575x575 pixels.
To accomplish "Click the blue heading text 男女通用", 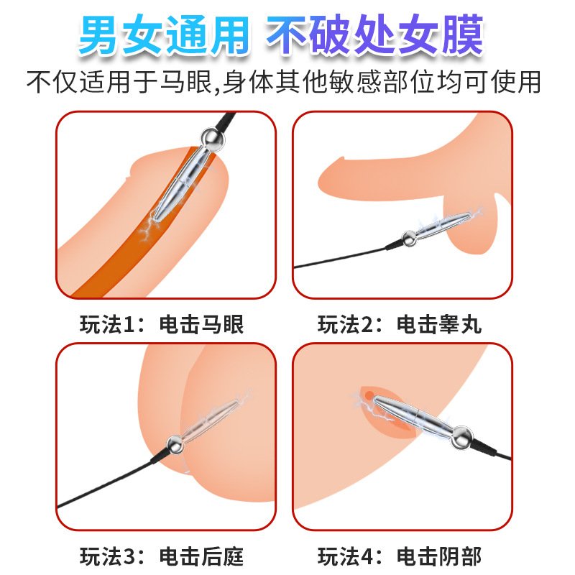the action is (164, 34).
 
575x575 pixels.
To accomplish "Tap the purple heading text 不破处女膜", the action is (374, 34).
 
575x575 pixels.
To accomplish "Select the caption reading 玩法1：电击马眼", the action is (162, 324).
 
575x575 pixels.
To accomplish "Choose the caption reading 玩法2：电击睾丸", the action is (400, 324).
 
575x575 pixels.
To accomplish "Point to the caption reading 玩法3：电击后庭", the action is (162, 556).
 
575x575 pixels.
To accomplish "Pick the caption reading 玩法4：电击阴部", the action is (400, 556).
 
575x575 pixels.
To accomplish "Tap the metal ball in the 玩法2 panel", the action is (409, 239).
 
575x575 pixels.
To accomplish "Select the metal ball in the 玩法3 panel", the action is (175, 445).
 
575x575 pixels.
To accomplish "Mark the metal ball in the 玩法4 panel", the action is (461, 438).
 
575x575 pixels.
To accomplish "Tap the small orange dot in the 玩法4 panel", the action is (369, 395).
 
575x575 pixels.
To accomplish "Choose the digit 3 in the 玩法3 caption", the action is (129, 556).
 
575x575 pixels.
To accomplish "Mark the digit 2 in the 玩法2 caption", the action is (367, 325).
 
